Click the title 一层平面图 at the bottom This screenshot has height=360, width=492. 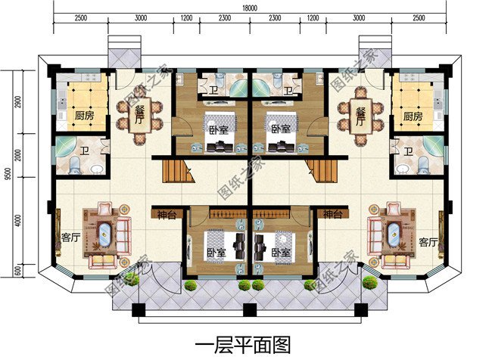point(243,346)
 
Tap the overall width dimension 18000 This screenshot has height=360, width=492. point(249,7)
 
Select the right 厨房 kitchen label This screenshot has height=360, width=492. point(413,116)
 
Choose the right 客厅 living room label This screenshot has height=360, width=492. point(428,242)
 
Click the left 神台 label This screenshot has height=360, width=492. point(166,216)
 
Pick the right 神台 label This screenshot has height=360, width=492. point(332,216)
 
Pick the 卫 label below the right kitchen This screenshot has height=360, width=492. point(409,151)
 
